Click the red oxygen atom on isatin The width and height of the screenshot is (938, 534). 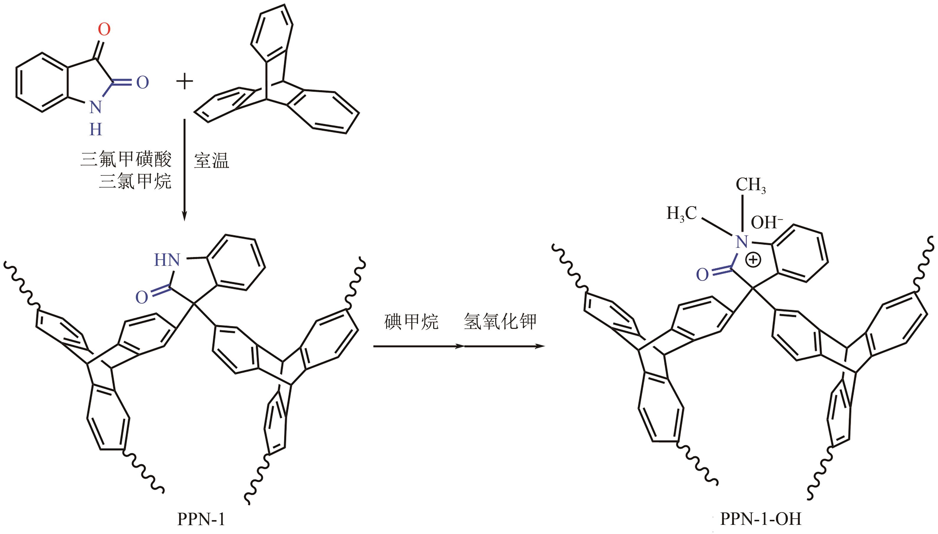104,29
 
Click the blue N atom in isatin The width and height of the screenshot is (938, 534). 96,107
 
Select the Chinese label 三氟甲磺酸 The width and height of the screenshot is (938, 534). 126,159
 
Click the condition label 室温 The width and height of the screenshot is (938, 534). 211,161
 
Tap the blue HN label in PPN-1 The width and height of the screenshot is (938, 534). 167,260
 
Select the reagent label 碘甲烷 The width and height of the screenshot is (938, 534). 411,322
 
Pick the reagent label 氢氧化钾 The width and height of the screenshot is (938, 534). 500,322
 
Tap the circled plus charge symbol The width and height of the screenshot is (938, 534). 754,260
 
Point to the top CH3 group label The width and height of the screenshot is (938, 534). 750,185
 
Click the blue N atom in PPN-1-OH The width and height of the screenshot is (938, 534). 742,242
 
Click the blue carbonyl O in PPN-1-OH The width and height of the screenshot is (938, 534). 702,274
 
